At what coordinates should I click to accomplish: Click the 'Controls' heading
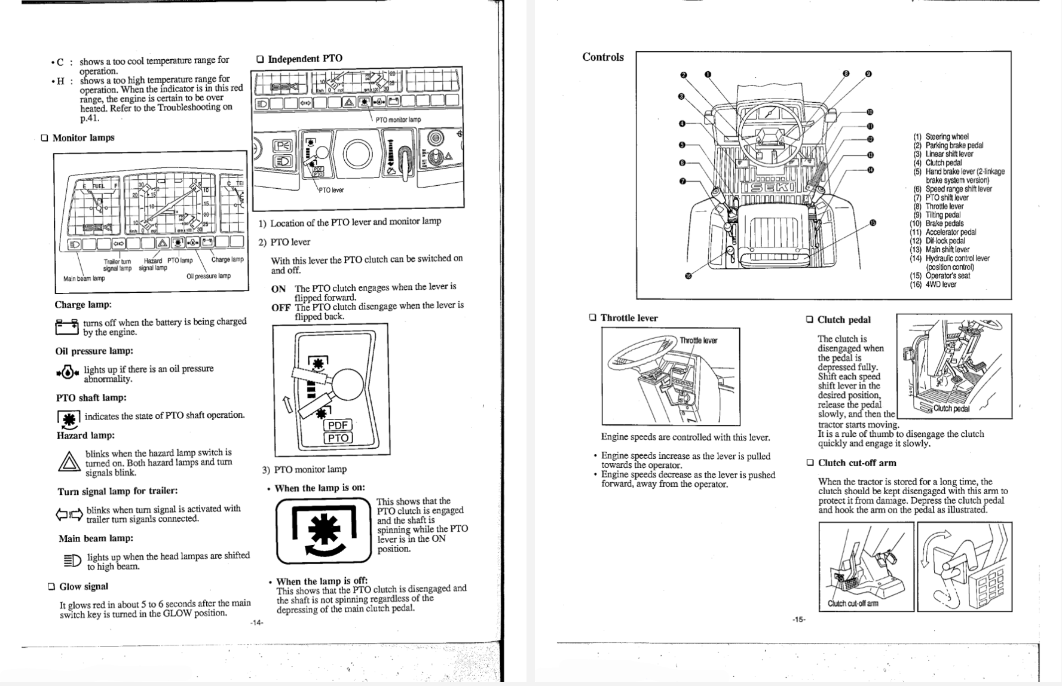click(602, 57)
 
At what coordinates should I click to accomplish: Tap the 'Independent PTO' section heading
click(305, 59)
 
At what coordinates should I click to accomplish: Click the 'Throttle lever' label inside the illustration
click(698, 341)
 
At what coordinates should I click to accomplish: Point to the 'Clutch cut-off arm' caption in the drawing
click(853, 604)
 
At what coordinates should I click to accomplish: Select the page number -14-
click(256, 623)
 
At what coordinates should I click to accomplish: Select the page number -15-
click(798, 619)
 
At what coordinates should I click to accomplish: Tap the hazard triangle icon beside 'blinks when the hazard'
click(69, 462)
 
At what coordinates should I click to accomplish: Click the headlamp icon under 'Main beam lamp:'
click(71, 561)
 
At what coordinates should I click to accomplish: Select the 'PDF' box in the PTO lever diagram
click(338, 425)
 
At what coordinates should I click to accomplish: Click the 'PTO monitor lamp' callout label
click(397, 120)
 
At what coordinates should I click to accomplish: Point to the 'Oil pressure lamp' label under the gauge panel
click(208, 276)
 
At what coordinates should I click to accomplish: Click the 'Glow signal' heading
click(84, 586)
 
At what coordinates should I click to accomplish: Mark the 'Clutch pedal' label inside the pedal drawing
click(951, 409)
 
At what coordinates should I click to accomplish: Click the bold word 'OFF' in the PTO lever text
click(280, 308)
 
